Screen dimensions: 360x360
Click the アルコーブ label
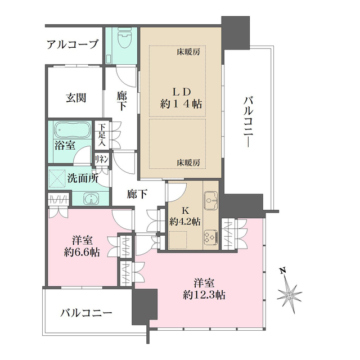tap(73, 44)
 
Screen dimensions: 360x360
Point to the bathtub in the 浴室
tap(72, 132)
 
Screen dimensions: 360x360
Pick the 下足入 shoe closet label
tap(101, 136)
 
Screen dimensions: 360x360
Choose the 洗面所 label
tap(83, 179)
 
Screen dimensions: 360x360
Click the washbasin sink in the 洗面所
tap(91, 199)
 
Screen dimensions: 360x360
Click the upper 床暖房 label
tap(189, 52)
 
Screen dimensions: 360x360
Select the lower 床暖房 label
tap(189, 163)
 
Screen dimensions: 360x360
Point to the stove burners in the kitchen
tap(210, 237)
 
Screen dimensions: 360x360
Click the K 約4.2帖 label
tap(185, 216)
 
